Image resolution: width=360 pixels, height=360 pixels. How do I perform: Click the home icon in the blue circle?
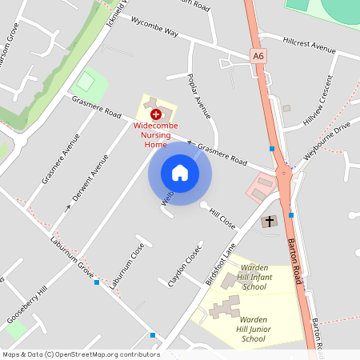[179, 173]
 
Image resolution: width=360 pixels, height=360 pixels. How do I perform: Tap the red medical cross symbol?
[155, 115]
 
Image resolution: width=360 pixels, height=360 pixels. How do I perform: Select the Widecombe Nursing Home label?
[155, 137]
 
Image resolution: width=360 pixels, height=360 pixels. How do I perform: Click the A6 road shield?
[258, 56]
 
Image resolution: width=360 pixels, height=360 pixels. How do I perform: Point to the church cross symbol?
[270, 221]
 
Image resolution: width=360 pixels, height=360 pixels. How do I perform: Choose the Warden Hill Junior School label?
[253, 329]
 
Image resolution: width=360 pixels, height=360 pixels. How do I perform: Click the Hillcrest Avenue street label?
[308, 44]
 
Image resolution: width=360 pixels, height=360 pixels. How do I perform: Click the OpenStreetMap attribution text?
[80, 354]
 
